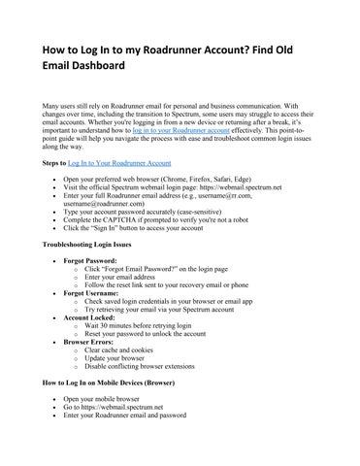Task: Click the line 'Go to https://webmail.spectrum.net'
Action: click(117, 408)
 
